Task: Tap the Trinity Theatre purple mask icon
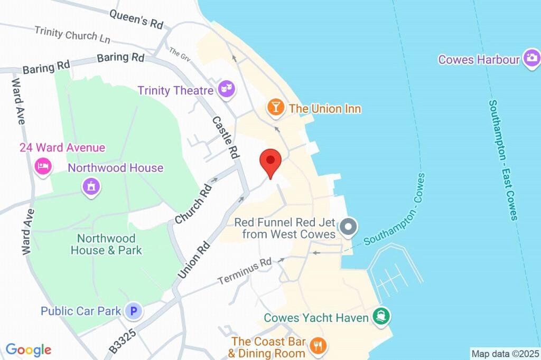pyautogui.click(x=227, y=90)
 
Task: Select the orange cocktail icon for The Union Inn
pyautogui.click(x=275, y=107)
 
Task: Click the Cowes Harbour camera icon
pyautogui.click(x=532, y=58)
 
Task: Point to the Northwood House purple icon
pyautogui.click(x=91, y=186)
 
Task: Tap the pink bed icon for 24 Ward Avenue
pyautogui.click(x=42, y=166)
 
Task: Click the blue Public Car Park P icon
pyautogui.click(x=134, y=311)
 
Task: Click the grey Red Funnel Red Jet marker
pyautogui.click(x=348, y=228)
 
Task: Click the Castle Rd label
pyautogui.click(x=226, y=137)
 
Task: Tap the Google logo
pyautogui.click(x=29, y=349)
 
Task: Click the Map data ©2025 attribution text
pyautogui.click(x=505, y=353)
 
